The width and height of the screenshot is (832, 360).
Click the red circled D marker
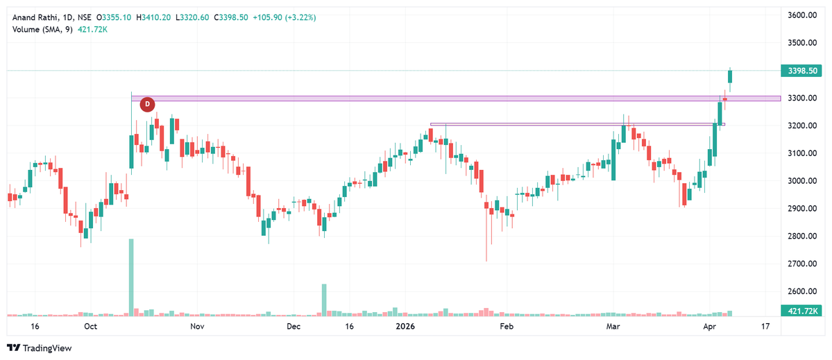(x=147, y=105)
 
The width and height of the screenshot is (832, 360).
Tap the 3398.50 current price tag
(x=800, y=71)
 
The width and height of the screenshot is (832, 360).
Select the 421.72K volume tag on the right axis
(x=800, y=311)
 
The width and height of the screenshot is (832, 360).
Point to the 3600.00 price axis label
(x=800, y=15)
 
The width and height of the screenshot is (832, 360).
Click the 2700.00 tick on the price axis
(x=800, y=264)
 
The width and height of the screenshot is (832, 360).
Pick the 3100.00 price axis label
(x=800, y=153)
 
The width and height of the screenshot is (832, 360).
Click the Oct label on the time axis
(x=90, y=326)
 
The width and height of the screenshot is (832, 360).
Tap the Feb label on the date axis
(x=507, y=326)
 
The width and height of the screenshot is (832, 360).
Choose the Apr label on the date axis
(x=709, y=326)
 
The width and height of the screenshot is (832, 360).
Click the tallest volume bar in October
(x=131, y=277)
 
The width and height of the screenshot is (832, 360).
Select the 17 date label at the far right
(x=765, y=326)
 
